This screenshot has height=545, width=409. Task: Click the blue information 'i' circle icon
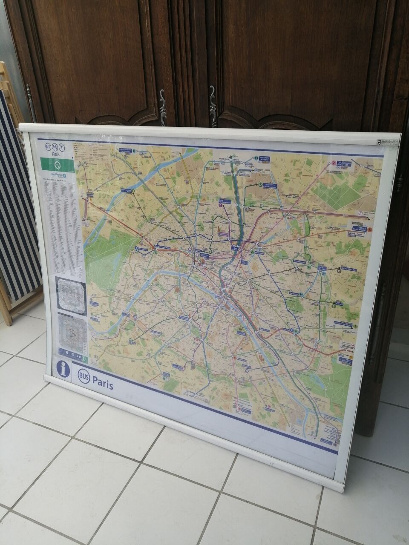coord(63,369)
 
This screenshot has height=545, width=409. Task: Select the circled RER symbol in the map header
coord(47,147)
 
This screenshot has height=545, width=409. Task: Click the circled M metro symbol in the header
coord(55,147)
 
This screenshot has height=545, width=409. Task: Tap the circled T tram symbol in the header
coord(62,148)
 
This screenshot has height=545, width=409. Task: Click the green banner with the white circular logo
coord(57,165)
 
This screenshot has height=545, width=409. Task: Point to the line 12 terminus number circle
coord(260,185)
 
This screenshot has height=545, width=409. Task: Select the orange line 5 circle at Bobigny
coord(370,230)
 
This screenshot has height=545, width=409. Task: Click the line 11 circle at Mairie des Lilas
coord(339,270)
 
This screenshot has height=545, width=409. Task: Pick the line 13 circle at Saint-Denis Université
coord(256,158)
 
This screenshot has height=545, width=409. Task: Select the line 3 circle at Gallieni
coord(333,306)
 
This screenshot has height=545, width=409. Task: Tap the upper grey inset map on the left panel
coord(71,292)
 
